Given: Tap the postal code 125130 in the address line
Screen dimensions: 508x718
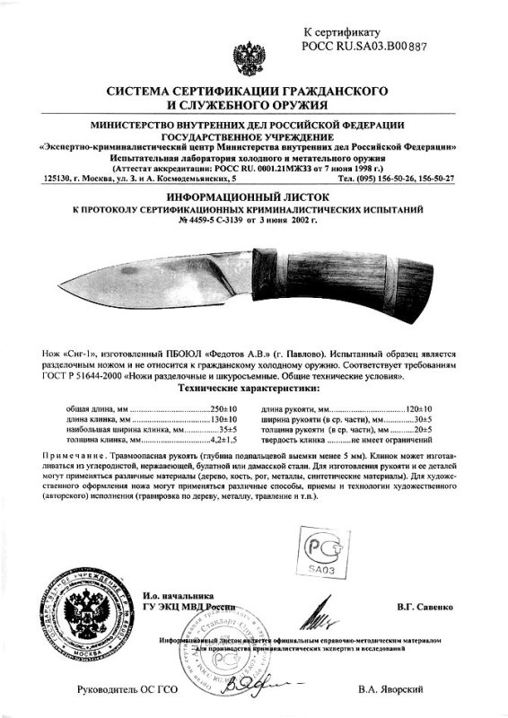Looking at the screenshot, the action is point(56,178).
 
